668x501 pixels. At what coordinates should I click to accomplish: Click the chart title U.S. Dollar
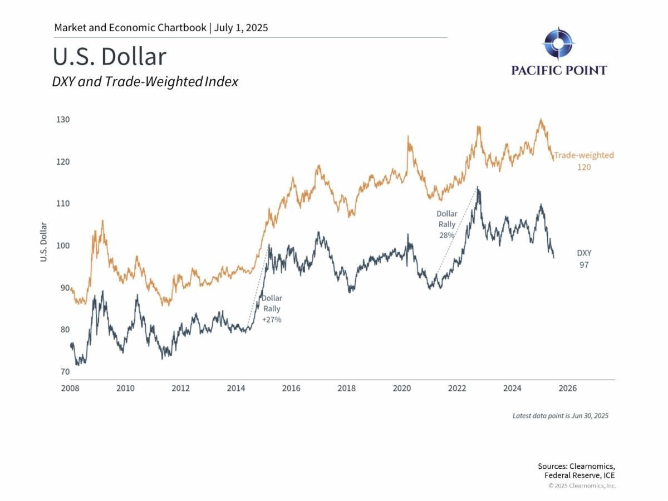(x=109, y=57)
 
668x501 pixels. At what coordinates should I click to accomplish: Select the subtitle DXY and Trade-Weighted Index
(x=145, y=82)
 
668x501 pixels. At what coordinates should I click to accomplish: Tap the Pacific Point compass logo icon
(x=558, y=44)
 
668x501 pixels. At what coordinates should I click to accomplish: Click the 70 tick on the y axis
(x=65, y=372)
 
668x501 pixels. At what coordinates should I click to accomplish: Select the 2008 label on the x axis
(x=70, y=388)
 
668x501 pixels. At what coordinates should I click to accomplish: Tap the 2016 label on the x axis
(x=291, y=388)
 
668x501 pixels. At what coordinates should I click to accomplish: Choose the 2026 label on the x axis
(x=567, y=388)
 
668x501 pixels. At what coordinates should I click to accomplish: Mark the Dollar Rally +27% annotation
(x=272, y=309)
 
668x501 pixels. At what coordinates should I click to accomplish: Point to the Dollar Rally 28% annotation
(x=446, y=224)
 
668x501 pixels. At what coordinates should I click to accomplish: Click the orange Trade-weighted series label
(x=583, y=155)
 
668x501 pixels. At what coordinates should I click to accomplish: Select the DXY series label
(x=583, y=253)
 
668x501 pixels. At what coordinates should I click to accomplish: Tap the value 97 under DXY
(x=583, y=265)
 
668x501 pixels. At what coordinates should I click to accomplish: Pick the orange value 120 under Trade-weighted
(x=583, y=167)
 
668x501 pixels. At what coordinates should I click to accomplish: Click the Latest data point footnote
(x=561, y=416)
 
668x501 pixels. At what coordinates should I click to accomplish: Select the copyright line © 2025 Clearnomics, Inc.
(x=582, y=486)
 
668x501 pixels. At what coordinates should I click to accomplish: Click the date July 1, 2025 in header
(x=242, y=27)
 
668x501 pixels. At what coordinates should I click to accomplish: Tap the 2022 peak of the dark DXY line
(x=478, y=188)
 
